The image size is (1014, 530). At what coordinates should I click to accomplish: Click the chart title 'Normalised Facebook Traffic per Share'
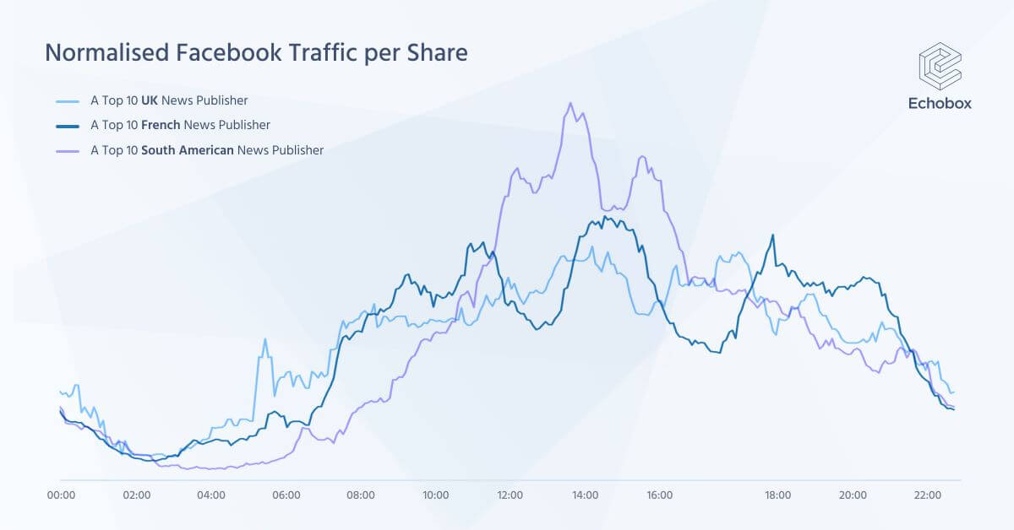[255, 53]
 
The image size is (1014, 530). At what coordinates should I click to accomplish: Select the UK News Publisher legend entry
[169, 100]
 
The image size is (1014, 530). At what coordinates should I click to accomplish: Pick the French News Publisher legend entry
[180, 125]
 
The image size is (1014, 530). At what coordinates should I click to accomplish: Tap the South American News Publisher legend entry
[206, 150]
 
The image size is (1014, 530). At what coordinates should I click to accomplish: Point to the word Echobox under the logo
[940, 103]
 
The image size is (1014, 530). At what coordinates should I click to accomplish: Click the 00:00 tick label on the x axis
[62, 495]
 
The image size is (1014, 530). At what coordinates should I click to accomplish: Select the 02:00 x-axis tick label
[136, 495]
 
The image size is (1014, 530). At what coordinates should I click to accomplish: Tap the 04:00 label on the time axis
[211, 495]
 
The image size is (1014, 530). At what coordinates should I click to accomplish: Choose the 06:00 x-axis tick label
[286, 495]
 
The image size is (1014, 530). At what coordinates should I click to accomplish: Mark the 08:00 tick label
[361, 495]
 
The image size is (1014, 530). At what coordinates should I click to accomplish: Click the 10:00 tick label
[436, 495]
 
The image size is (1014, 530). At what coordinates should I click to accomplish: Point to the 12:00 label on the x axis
[510, 495]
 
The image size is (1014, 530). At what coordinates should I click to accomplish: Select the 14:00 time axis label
[585, 495]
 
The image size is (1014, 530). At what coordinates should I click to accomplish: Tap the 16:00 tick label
[660, 495]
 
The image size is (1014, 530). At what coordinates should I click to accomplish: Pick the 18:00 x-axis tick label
[777, 495]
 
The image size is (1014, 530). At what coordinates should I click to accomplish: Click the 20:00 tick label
[853, 495]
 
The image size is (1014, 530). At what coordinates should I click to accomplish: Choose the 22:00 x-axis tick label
[927, 495]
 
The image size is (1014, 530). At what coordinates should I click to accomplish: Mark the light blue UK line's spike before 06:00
[264, 340]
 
